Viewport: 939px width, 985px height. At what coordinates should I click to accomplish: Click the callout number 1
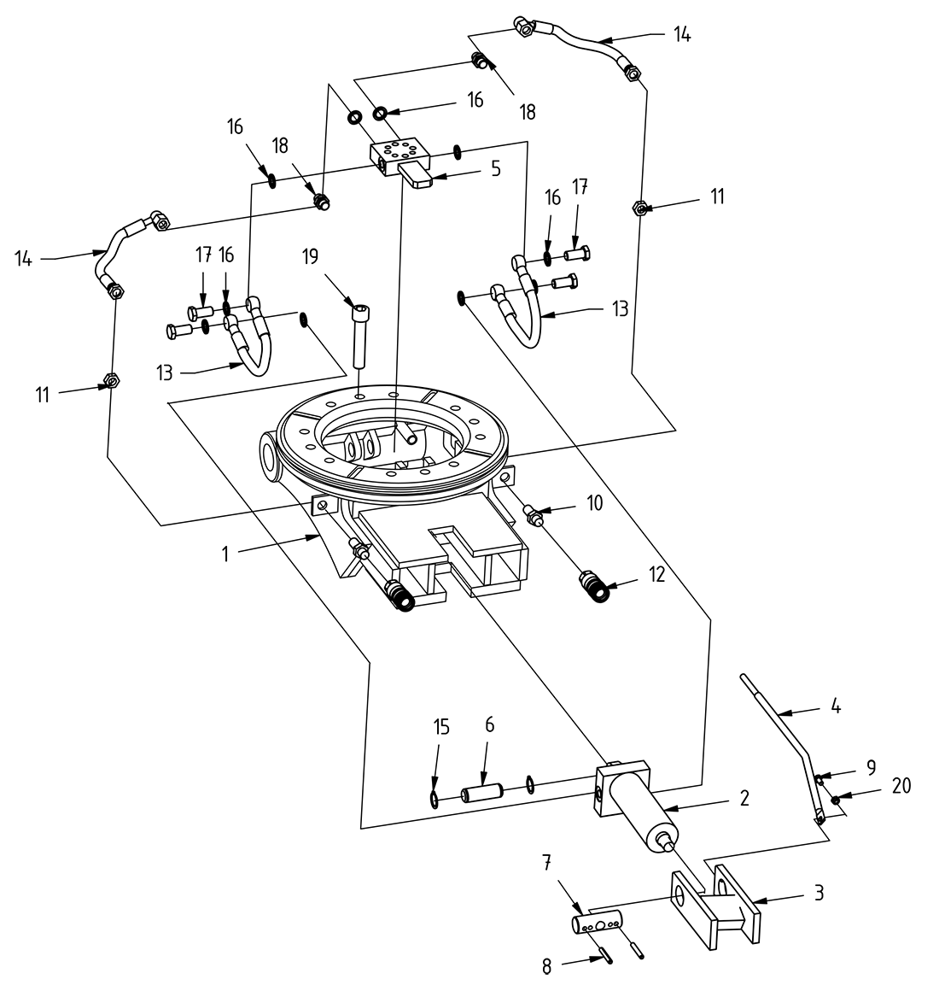225,554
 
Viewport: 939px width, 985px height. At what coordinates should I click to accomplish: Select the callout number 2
744,799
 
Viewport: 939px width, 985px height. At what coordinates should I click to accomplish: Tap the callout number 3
818,894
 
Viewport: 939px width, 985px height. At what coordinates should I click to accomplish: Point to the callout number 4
837,707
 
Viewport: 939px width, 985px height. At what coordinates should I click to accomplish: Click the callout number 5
496,168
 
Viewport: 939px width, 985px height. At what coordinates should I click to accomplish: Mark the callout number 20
900,785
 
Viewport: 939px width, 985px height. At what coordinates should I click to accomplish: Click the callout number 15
440,728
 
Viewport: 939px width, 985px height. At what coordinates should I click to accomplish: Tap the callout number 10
594,502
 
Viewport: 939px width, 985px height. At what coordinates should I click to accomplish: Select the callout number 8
547,965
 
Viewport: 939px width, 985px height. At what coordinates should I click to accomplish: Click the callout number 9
871,767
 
